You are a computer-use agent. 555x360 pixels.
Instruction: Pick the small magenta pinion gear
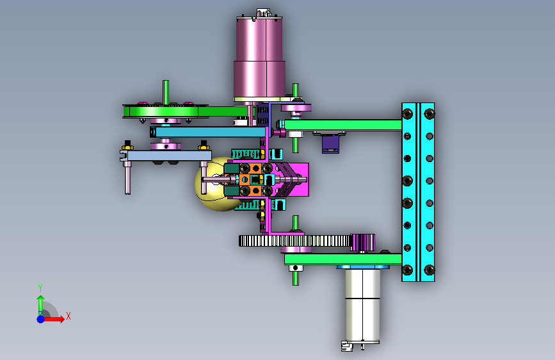pos(362,242)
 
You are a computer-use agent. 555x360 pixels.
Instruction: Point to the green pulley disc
pos(165,111)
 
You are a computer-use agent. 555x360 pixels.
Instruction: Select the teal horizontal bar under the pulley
pos(208,132)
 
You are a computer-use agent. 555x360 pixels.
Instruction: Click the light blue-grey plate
pos(166,156)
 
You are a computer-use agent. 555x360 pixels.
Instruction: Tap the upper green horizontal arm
pos(342,125)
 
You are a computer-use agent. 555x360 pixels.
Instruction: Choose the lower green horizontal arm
pos(342,259)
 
